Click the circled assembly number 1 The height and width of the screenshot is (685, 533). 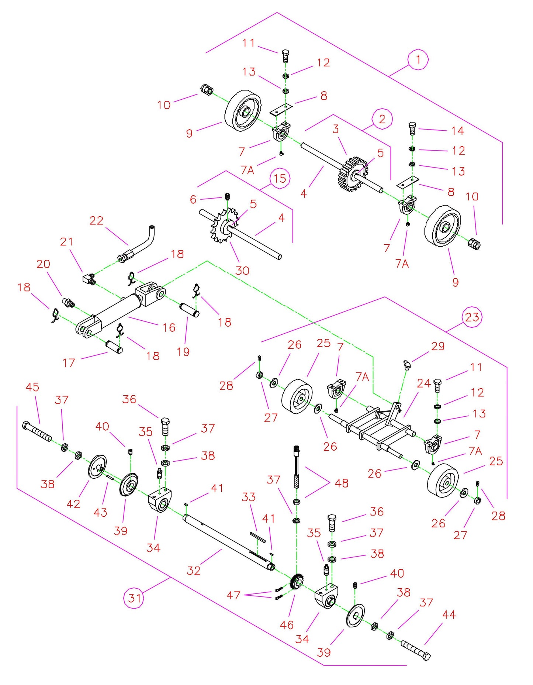click(418, 59)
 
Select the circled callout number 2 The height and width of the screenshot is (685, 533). click(382, 119)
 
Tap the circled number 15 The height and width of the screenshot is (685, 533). click(280, 179)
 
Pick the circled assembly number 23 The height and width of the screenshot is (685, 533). click(472, 317)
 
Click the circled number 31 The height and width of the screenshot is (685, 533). click(134, 598)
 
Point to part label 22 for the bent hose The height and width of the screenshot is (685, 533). click(96, 220)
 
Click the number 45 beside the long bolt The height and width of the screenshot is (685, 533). click(32, 387)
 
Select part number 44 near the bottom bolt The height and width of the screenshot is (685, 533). click(449, 615)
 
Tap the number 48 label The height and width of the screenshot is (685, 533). click(341, 483)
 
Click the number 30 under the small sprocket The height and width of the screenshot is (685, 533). click(242, 271)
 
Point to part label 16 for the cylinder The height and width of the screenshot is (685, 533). click(169, 327)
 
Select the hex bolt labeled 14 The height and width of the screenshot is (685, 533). click(412, 128)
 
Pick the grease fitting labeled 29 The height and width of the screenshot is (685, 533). click(406, 365)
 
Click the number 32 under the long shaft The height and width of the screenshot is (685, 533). click(193, 571)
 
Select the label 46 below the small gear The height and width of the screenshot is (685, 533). click(286, 625)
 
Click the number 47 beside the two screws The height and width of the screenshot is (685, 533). click(233, 595)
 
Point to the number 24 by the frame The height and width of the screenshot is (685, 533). click(423, 383)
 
